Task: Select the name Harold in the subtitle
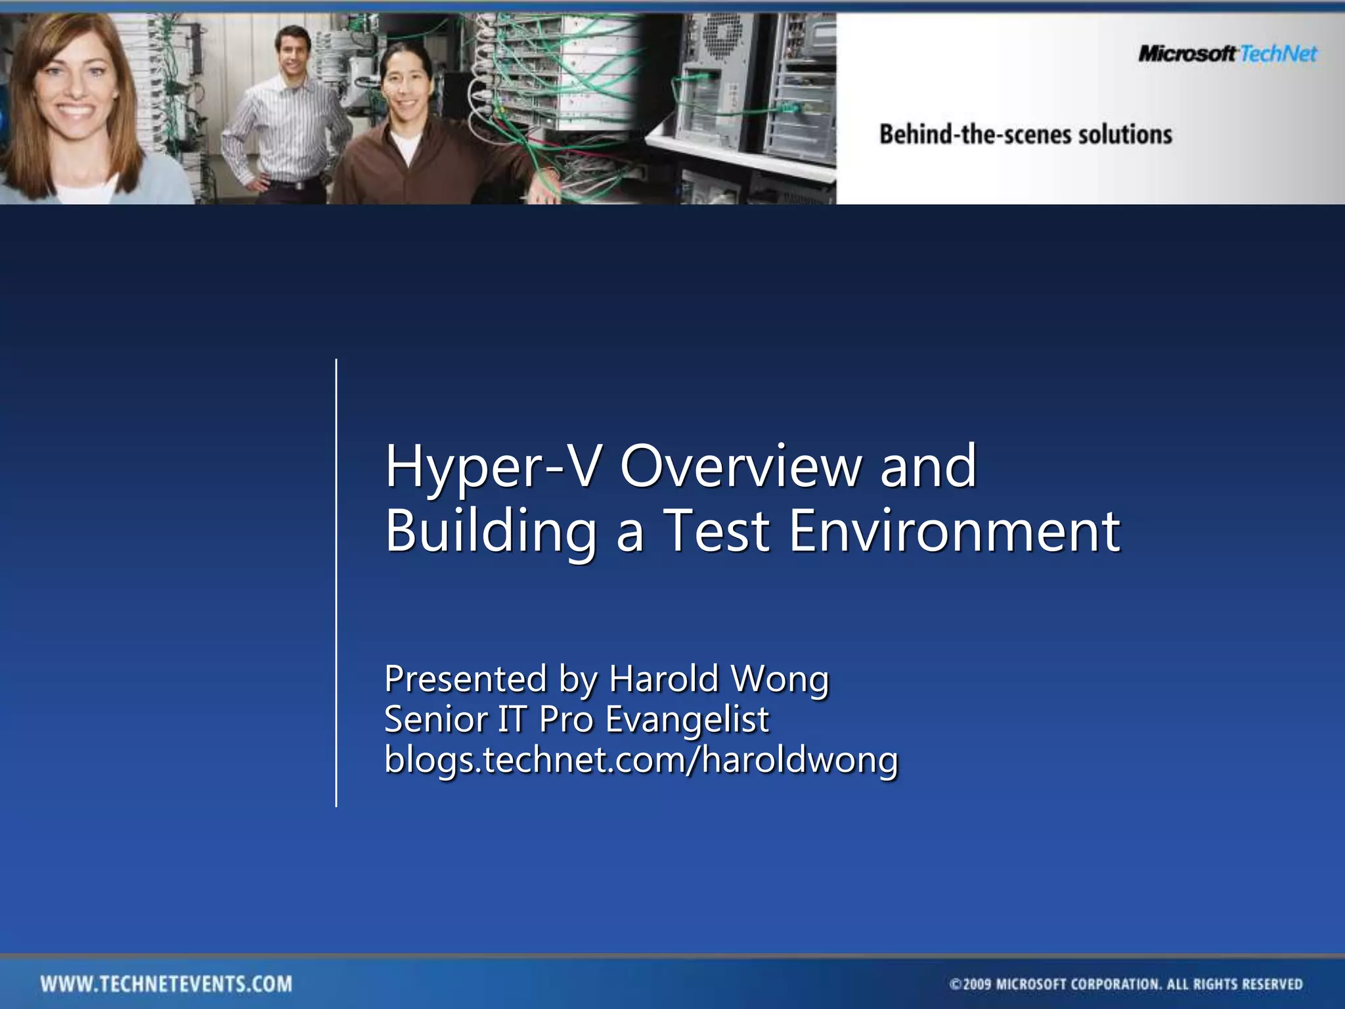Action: [x=663, y=679]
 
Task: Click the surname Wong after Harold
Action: [x=780, y=680]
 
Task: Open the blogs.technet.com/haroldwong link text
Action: [x=641, y=760]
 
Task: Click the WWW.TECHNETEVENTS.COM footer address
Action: [x=166, y=984]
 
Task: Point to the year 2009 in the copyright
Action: [x=977, y=984]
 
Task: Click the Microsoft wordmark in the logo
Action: [x=1187, y=53]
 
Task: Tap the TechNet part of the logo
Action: [x=1278, y=53]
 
